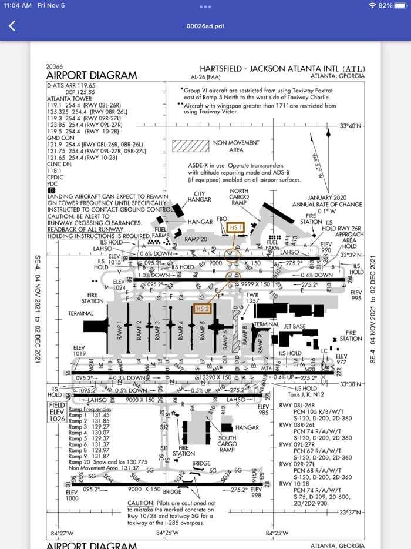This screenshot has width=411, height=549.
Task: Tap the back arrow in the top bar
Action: tap(12, 26)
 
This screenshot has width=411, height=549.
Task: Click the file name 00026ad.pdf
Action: tap(205, 26)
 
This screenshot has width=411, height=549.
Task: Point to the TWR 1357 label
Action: tap(252, 298)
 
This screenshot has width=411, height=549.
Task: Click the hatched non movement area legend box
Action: tap(190, 146)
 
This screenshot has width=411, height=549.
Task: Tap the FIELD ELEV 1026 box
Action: tap(56, 412)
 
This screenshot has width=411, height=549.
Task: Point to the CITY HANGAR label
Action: tap(199, 197)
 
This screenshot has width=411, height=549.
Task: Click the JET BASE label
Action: tap(294, 325)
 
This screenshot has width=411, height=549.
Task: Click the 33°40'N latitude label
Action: tap(352, 126)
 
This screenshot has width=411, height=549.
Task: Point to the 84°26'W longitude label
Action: tap(167, 533)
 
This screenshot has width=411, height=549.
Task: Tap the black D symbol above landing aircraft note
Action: tap(51, 190)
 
